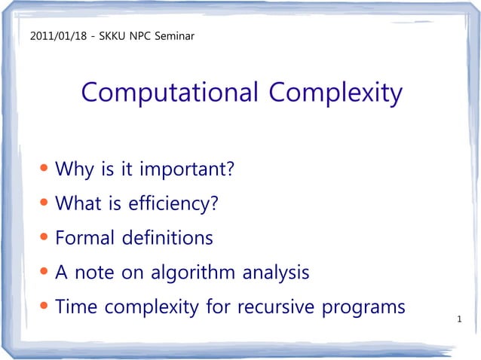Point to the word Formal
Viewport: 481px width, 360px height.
(84, 239)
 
